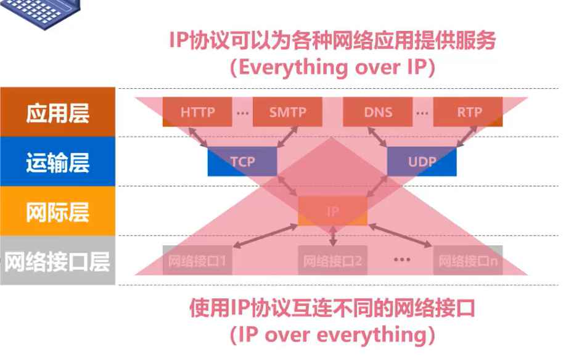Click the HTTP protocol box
coord(197,112)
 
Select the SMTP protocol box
coord(287,112)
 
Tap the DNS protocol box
coord(377,112)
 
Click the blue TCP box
coord(242,162)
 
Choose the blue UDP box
coord(422,162)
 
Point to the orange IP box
coord(332,211)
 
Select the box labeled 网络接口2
coord(332,260)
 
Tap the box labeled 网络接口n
coord(467,260)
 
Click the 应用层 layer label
coord(57,112)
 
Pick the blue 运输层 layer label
coord(57,162)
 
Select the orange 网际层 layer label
coord(57,211)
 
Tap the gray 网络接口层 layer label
coord(57,261)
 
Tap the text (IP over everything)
coord(332,335)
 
